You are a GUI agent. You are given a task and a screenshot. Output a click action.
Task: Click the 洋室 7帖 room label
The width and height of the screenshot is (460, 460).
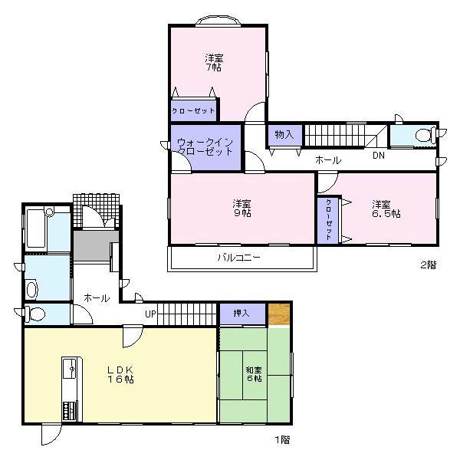214,62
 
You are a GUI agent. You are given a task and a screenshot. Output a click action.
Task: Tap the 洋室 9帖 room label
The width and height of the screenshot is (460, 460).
242,208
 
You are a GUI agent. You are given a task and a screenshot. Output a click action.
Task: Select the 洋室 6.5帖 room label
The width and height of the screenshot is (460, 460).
386,208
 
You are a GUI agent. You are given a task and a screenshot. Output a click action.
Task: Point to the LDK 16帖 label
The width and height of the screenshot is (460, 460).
120,373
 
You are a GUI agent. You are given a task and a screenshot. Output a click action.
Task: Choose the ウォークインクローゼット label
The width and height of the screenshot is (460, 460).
205,146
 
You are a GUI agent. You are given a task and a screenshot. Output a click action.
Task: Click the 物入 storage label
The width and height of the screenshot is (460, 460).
284,135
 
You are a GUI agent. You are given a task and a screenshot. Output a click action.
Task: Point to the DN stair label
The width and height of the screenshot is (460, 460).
378,156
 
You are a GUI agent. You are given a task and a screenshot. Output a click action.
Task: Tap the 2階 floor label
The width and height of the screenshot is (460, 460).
427,265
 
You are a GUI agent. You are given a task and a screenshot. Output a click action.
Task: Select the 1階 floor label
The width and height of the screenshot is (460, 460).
283,439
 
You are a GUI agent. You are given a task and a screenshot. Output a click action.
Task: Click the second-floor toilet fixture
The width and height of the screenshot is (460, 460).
423,136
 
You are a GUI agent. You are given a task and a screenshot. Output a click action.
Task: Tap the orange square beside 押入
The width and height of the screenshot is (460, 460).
280,314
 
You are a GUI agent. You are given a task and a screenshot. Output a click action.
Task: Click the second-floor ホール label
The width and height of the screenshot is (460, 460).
328,159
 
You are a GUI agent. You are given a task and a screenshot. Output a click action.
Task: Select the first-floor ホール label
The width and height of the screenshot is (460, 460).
96,297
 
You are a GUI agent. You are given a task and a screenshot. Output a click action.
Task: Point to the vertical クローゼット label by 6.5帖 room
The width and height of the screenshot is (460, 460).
328,219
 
